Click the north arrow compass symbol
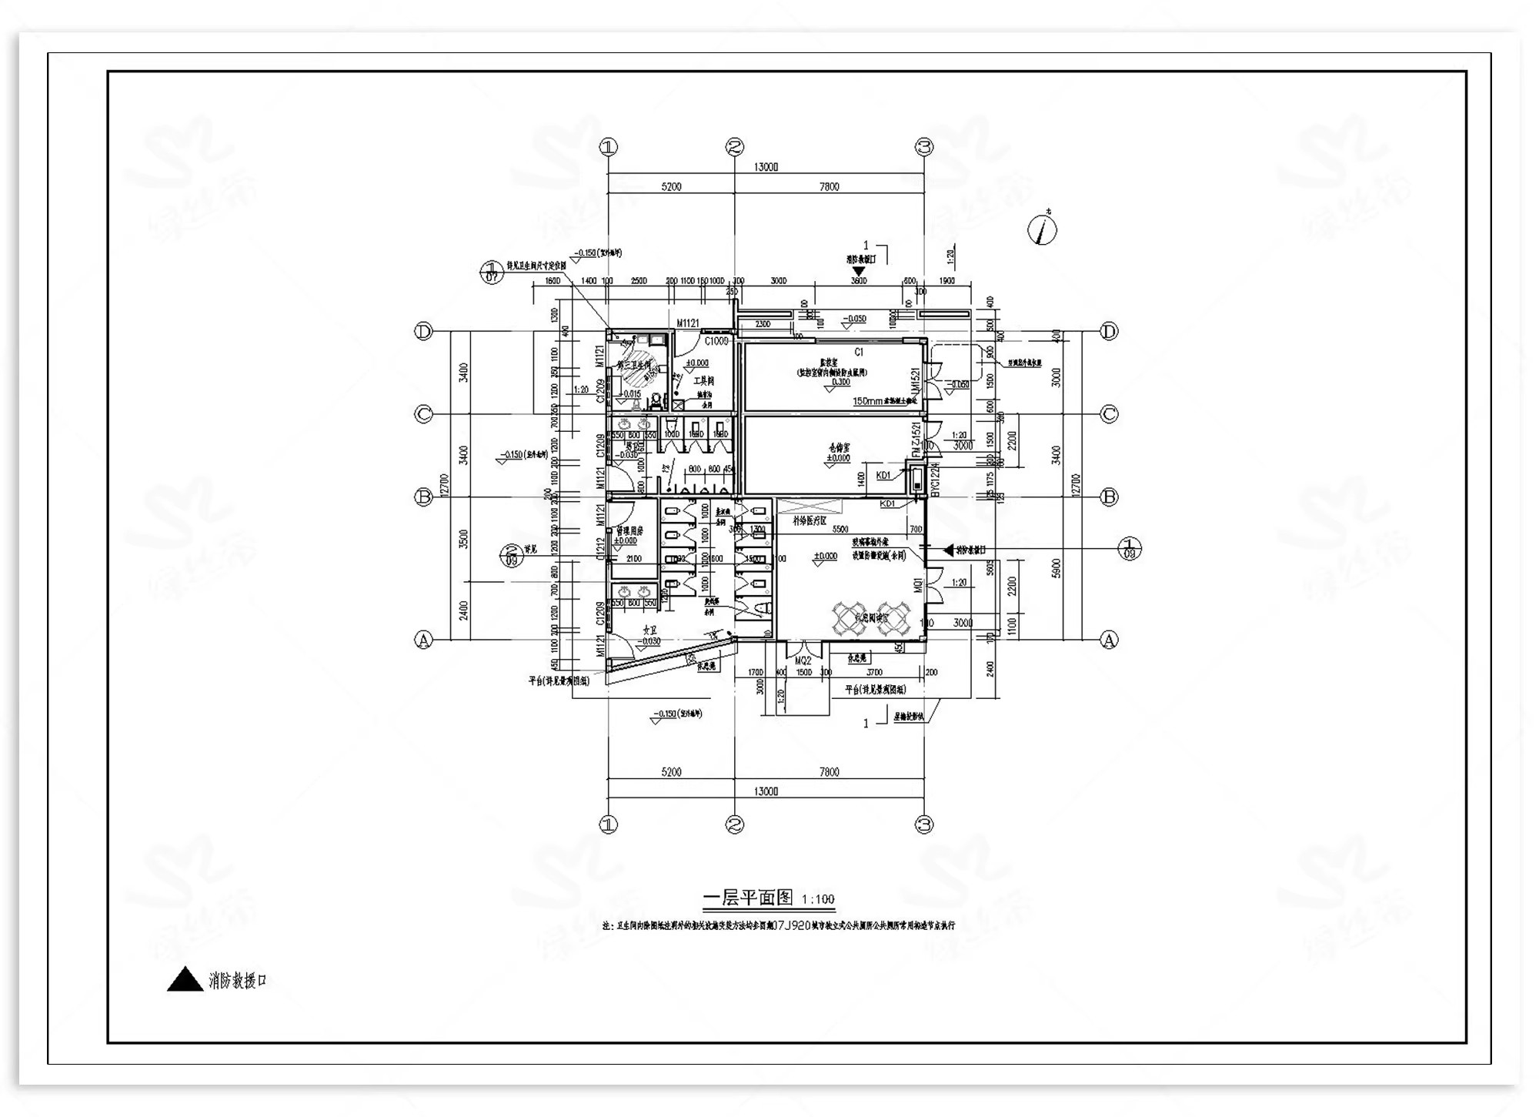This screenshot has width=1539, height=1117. click(1043, 229)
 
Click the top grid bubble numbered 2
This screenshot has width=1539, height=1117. click(735, 146)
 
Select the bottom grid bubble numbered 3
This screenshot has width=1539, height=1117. click(924, 824)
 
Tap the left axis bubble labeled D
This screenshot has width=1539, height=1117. click(423, 332)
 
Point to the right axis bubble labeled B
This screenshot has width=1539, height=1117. click(1109, 497)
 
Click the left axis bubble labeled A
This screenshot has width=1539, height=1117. click(423, 640)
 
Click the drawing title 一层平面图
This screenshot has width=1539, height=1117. click(748, 898)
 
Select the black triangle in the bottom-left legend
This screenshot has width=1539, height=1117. click(185, 980)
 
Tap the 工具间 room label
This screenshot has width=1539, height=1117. click(703, 381)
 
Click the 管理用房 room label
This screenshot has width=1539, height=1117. click(629, 531)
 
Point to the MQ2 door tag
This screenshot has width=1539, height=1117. click(803, 661)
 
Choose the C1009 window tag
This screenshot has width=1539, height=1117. click(716, 341)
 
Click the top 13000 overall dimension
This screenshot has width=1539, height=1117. click(766, 167)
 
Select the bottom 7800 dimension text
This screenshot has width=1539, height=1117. click(829, 772)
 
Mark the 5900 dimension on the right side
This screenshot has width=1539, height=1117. click(1057, 568)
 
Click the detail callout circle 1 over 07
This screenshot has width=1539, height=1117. click(492, 272)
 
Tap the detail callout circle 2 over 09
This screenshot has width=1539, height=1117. click(512, 555)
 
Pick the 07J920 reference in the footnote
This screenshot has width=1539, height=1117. click(790, 926)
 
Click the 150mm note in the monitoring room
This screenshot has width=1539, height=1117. click(867, 401)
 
